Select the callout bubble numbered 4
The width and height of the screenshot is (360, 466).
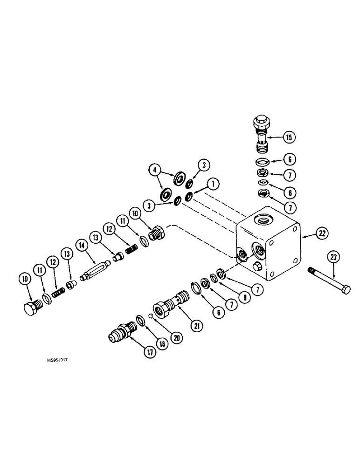click(x=155, y=170)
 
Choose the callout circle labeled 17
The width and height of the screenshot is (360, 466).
click(x=148, y=352)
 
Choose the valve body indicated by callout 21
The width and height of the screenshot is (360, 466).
click(x=172, y=305)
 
